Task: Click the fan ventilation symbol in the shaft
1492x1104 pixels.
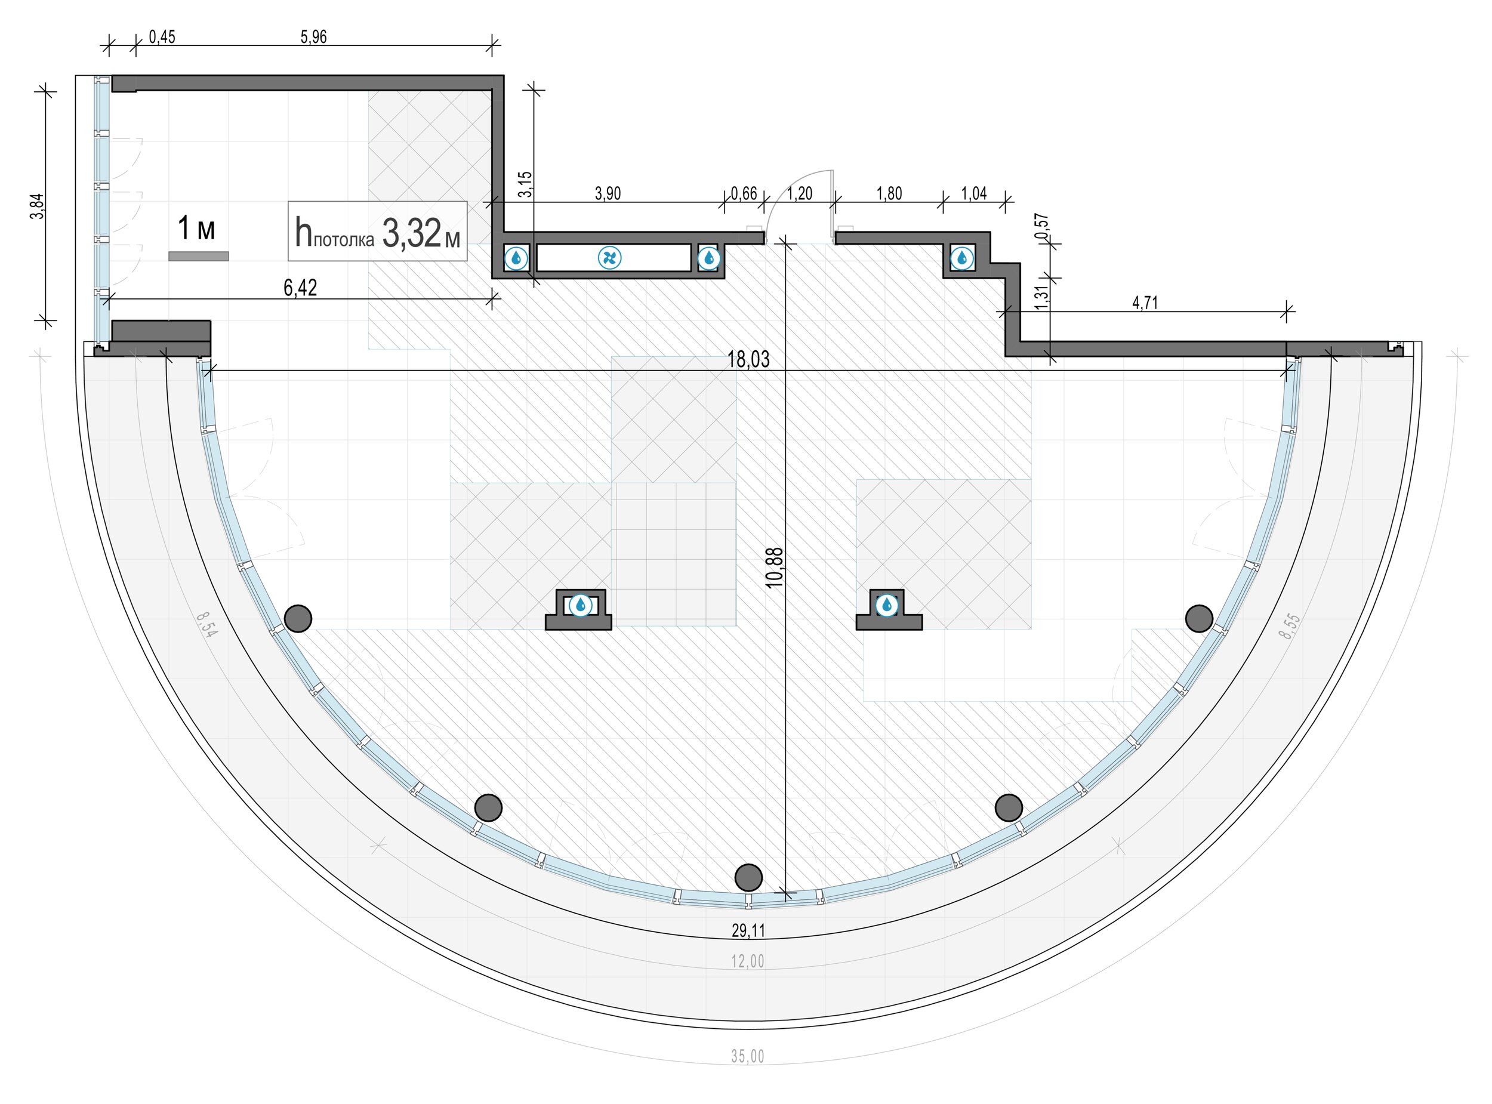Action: (609, 257)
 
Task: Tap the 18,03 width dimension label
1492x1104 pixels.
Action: (748, 359)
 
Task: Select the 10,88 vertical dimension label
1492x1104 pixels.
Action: (775, 568)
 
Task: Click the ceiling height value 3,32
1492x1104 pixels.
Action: (412, 233)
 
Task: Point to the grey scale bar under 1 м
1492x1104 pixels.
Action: (199, 256)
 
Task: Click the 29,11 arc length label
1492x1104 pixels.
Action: (748, 930)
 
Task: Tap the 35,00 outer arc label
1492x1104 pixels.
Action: (748, 1056)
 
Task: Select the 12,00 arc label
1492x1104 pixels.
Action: (748, 961)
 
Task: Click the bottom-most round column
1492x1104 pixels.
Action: (748, 877)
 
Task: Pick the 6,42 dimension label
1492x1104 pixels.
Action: (301, 288)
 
